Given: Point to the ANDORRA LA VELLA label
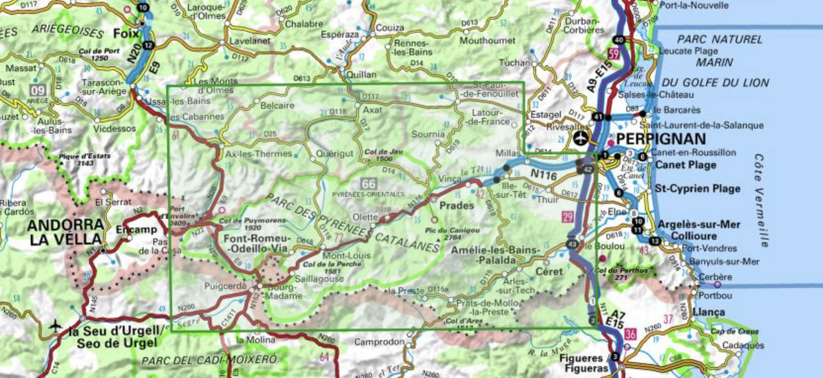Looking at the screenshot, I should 65,232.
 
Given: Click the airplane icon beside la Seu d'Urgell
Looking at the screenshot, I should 55,325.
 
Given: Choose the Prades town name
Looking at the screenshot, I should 457,206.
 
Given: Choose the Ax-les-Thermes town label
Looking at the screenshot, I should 258,154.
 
